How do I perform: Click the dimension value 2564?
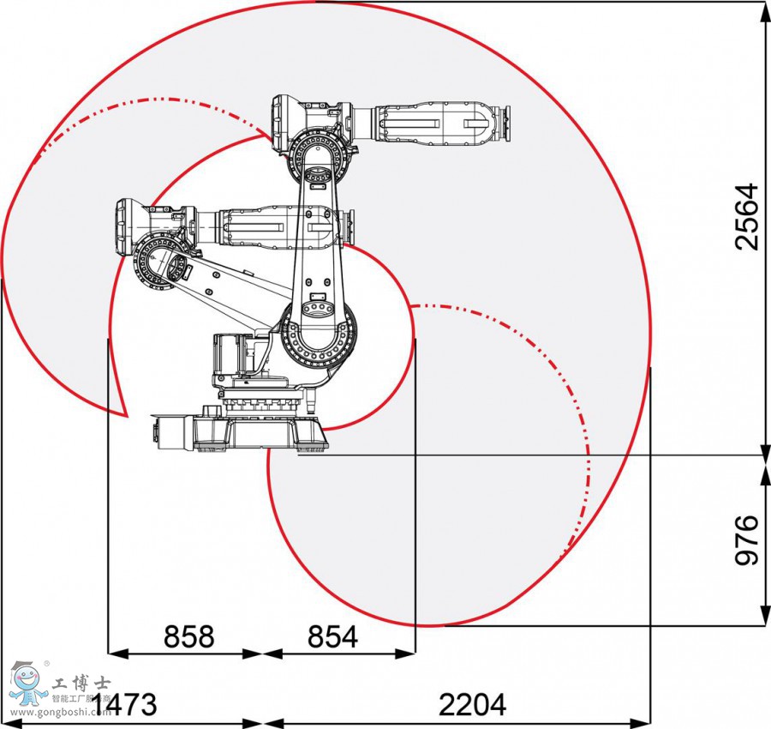[747, 215]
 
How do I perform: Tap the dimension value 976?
[747, 540]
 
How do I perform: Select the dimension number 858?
[188, 636]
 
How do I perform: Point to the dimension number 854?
[332, 636]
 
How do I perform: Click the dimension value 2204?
[472, 704]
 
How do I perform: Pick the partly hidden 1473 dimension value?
[128, 704]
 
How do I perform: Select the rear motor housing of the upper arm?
[289, 121]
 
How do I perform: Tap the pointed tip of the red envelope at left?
[127, 415]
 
